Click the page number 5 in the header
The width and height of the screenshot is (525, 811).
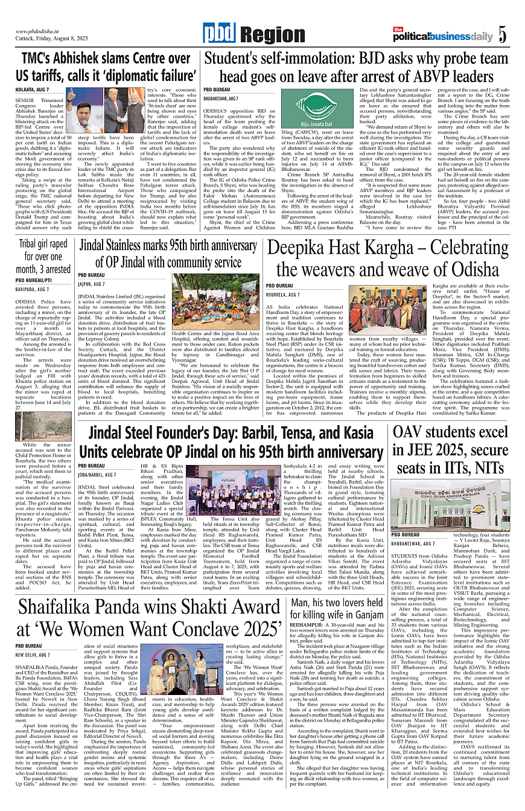(x=502, y=36)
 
